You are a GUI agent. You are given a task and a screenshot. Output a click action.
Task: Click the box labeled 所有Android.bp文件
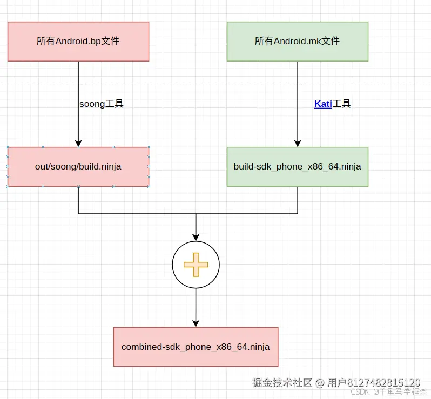78,41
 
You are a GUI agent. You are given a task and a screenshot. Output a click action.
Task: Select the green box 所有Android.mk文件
297,41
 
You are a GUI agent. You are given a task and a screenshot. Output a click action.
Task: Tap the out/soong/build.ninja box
78,166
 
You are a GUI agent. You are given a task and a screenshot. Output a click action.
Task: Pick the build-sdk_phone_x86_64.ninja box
297,166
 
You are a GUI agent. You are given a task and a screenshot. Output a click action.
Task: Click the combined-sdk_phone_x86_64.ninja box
196,347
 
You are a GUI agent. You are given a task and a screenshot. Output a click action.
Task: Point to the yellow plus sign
196,265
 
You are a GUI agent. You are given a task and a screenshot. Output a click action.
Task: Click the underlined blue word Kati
323,104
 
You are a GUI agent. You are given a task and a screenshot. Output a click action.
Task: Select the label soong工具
102,104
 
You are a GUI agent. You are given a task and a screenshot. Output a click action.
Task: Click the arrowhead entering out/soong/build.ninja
78,143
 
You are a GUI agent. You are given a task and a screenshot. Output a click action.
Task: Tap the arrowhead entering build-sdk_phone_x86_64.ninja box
298,143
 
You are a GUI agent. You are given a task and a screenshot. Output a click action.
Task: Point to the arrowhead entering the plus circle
196,236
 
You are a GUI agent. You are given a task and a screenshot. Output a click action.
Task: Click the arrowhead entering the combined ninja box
196,323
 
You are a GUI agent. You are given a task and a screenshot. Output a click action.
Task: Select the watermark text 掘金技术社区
282,382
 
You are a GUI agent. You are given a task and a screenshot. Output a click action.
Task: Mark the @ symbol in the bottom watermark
319,382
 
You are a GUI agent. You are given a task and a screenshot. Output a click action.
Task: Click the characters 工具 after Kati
342,104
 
